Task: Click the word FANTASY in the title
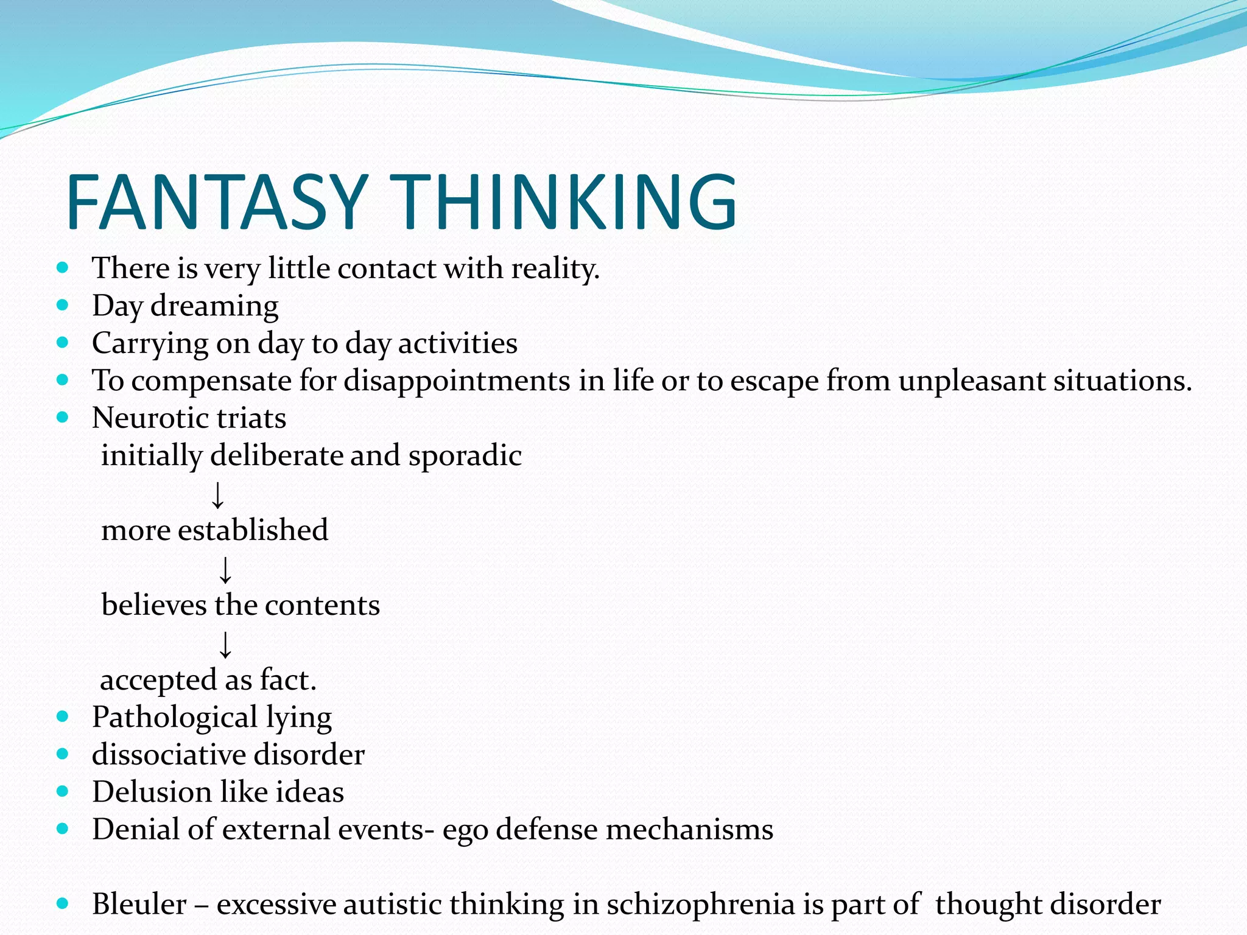216,202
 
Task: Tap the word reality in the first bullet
555,268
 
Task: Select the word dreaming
214,306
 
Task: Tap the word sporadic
465,456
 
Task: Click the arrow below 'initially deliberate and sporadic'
217,494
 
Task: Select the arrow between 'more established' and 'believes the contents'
225,569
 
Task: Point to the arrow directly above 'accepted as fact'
225,644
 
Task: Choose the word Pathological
174,718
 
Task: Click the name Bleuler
139,905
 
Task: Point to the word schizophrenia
701,905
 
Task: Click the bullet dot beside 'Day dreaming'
63,304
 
